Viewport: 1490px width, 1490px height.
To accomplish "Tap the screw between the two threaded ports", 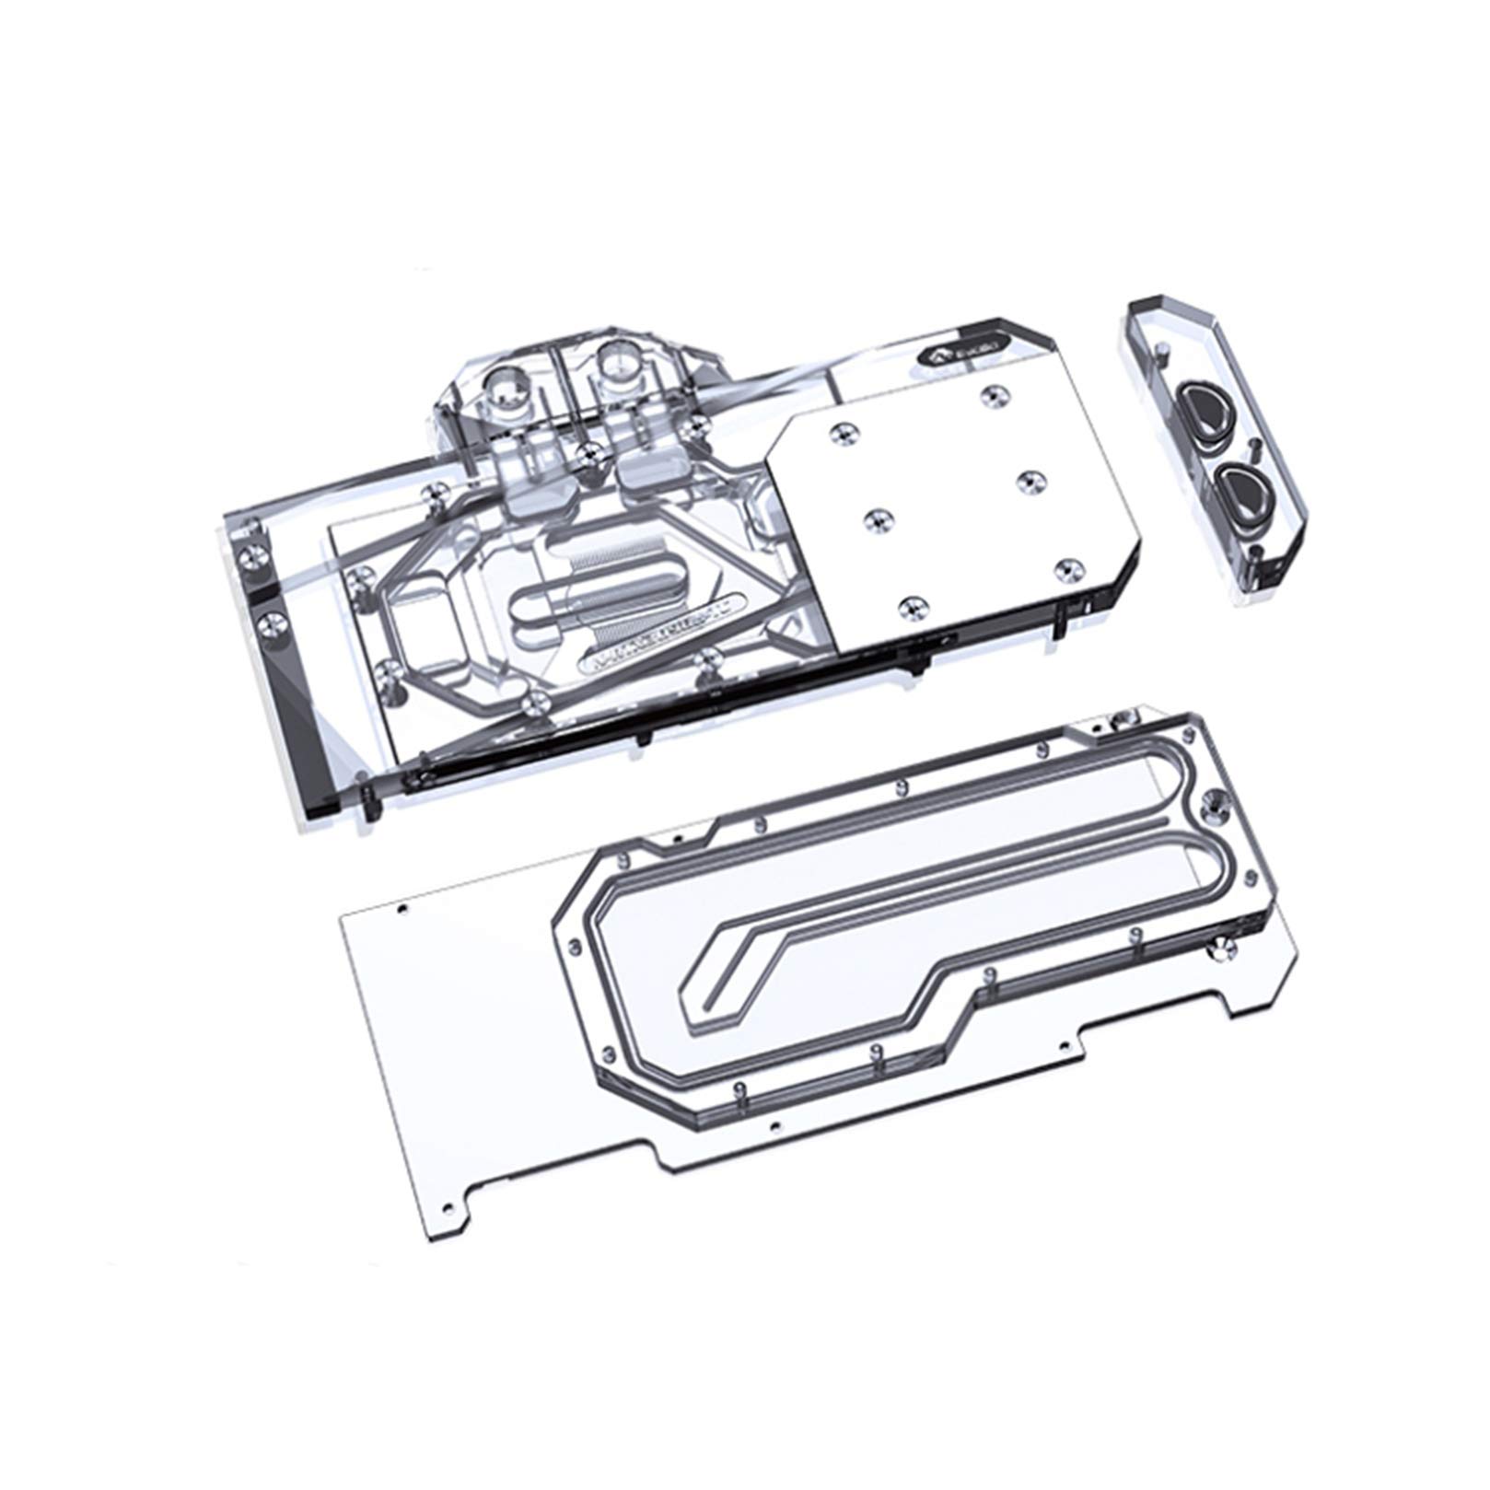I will pyautogui.click(x=586, y=450).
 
